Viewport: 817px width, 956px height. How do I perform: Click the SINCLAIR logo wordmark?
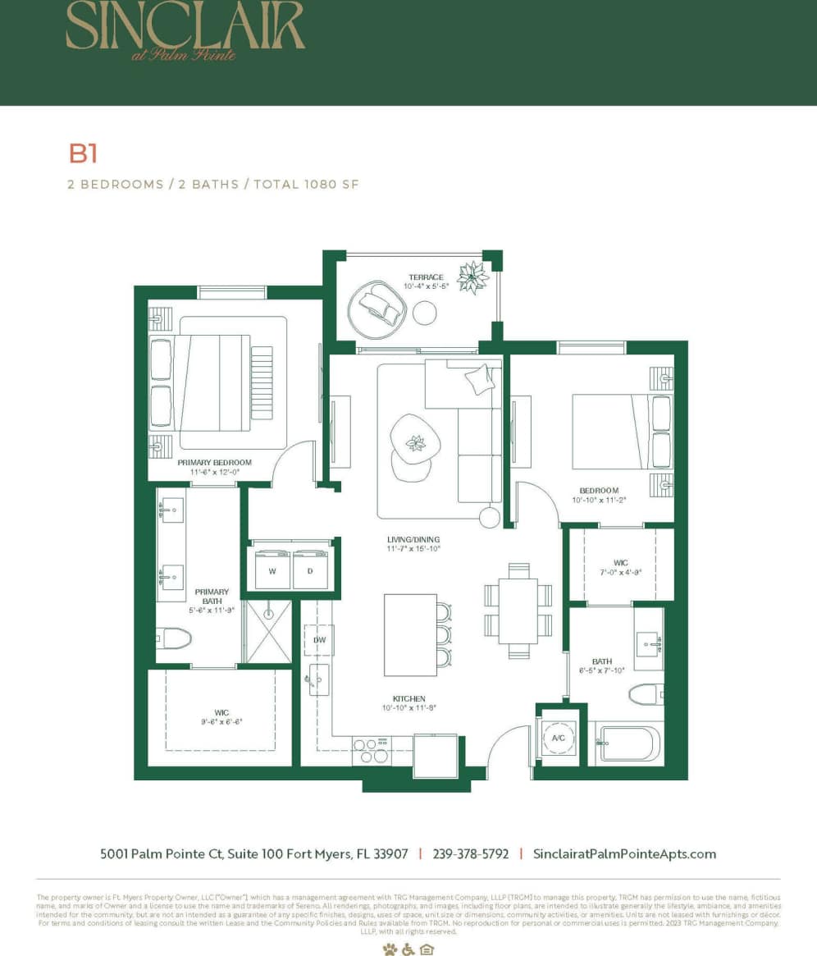pyautogui.click(x=185, y=28)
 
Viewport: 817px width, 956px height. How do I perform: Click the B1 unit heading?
pyautogui.click(x=83, y=153)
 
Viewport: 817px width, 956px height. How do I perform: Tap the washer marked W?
pyautogui.click(x=272, y=570)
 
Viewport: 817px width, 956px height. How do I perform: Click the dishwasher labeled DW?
pyautogui.click(x=318, y=639)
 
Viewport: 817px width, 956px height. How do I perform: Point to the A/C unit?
pyautogui.click(x=559, y=738)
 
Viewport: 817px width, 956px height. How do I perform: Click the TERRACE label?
pyautogui.click(x=425, y=277)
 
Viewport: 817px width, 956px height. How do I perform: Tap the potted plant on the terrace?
pyautogui.click(x=473, y=277)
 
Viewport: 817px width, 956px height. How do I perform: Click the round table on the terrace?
pyautogui.click(x=424, y=313)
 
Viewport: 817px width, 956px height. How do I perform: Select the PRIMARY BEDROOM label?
pyautogui.click(x=215, y=463)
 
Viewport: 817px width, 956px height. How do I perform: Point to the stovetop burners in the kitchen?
pyautogui.click(x=372, y=750)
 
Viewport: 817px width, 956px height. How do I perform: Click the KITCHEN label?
pyautogui.click(x=408, y=698)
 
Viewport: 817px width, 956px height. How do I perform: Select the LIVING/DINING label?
pyautogui.click(x=414, y=540)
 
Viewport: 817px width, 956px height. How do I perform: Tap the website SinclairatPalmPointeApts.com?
pyautogui.click(x=624, y=853)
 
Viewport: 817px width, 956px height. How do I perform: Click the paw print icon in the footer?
pyautogui.click(x=389, y=949)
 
